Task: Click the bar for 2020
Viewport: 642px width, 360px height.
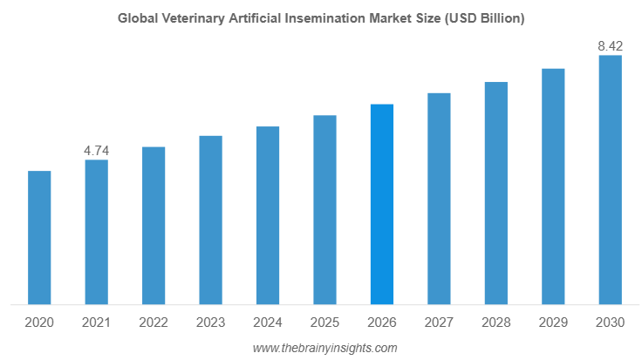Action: (x=39, y=238)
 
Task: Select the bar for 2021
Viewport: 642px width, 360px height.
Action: (x=96, y=232)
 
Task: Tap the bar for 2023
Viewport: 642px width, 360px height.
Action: (x=210, y=220)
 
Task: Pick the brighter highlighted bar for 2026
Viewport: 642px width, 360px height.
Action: (x=382, y=204)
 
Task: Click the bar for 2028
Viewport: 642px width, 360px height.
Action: (x=496, y=194)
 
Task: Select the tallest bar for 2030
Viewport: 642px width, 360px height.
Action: (x=610, y=180)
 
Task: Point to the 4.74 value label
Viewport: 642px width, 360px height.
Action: (x=96, y=151)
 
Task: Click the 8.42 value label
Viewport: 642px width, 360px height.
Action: (x=610, y=46)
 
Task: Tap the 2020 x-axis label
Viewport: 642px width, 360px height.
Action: (x=39, y=323)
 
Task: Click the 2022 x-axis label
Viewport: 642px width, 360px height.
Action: (x=154, y=323)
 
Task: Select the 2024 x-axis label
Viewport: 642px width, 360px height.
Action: (x=268, y=323)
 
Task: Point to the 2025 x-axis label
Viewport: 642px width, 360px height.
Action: (x=324, y=323)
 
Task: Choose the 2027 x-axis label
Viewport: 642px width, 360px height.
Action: (x=439, y=323)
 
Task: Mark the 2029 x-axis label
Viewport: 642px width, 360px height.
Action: (x=553, y=323)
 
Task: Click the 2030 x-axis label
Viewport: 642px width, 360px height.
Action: (x=610, y=323)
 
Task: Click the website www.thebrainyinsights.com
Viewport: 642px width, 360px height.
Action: (x=324, y=348)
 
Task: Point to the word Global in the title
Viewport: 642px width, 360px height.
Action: (x=136, y=18)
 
